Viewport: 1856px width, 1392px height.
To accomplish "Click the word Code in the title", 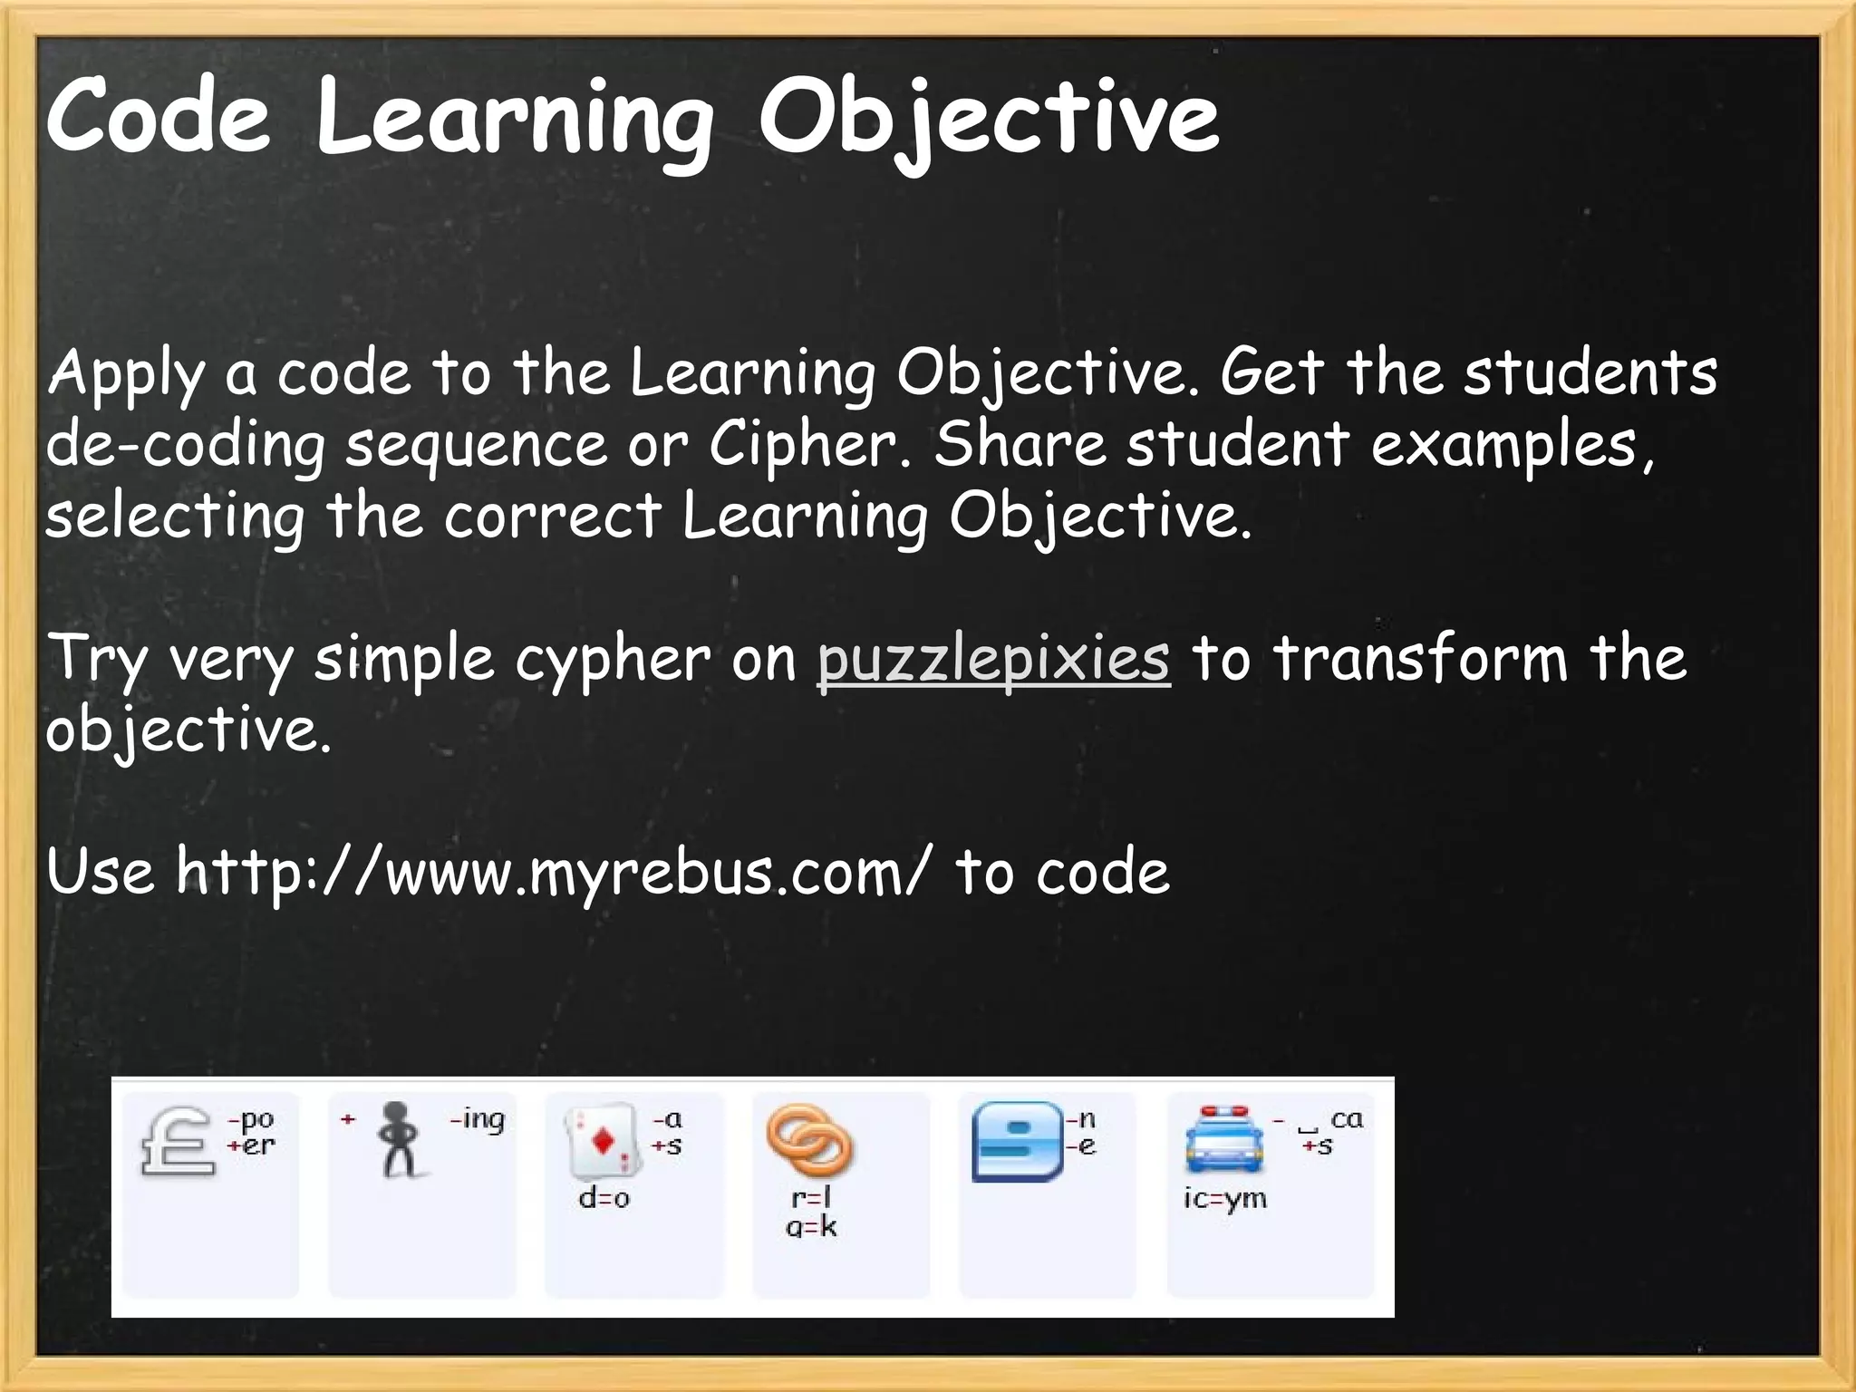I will tap(159, 116).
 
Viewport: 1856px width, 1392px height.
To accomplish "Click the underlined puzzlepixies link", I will tap(993, 659).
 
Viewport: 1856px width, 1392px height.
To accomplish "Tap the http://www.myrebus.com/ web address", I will tap(552, 872).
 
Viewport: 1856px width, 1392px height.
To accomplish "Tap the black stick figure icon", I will tap(399, 1138).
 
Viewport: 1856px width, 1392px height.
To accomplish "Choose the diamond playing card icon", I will tap(601, 1139).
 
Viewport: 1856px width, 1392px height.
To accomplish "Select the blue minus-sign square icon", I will tap(1017, 1141).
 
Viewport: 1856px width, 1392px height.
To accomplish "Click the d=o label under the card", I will tap(604, 1198).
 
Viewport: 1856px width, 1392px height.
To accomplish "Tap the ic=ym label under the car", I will tap(1224, 1198).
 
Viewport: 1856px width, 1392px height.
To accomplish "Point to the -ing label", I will tap(478, 1120).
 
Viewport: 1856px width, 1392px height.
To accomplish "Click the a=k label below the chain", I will tap(811, 1227).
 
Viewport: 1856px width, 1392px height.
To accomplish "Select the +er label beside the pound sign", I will tap(251, 1145).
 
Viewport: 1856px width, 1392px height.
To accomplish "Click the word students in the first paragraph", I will tap(1590, 372).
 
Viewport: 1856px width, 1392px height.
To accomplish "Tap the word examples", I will tap(1512, 445).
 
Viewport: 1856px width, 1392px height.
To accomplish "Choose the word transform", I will tap(1420, 659).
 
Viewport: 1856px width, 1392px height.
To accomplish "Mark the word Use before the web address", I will tap(100, 872).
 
